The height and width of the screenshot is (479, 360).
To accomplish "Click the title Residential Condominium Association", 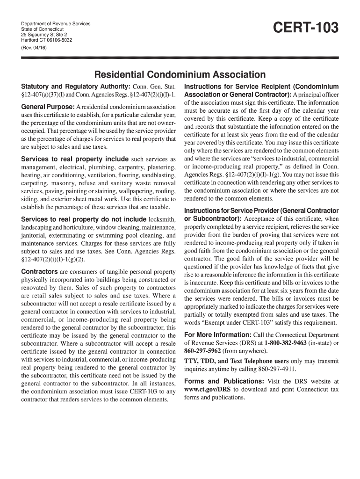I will click(180, 74).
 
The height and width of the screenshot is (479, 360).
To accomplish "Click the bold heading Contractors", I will click(39, 272).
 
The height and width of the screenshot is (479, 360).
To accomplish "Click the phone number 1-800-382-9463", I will click(285, 343).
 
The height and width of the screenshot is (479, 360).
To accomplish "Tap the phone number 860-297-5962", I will click(202, 351).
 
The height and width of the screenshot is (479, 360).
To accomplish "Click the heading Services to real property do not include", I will click(84, 219).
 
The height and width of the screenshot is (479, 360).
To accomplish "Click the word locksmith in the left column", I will click(162, 219).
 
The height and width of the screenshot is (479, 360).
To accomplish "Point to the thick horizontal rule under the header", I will click(180, 58).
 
